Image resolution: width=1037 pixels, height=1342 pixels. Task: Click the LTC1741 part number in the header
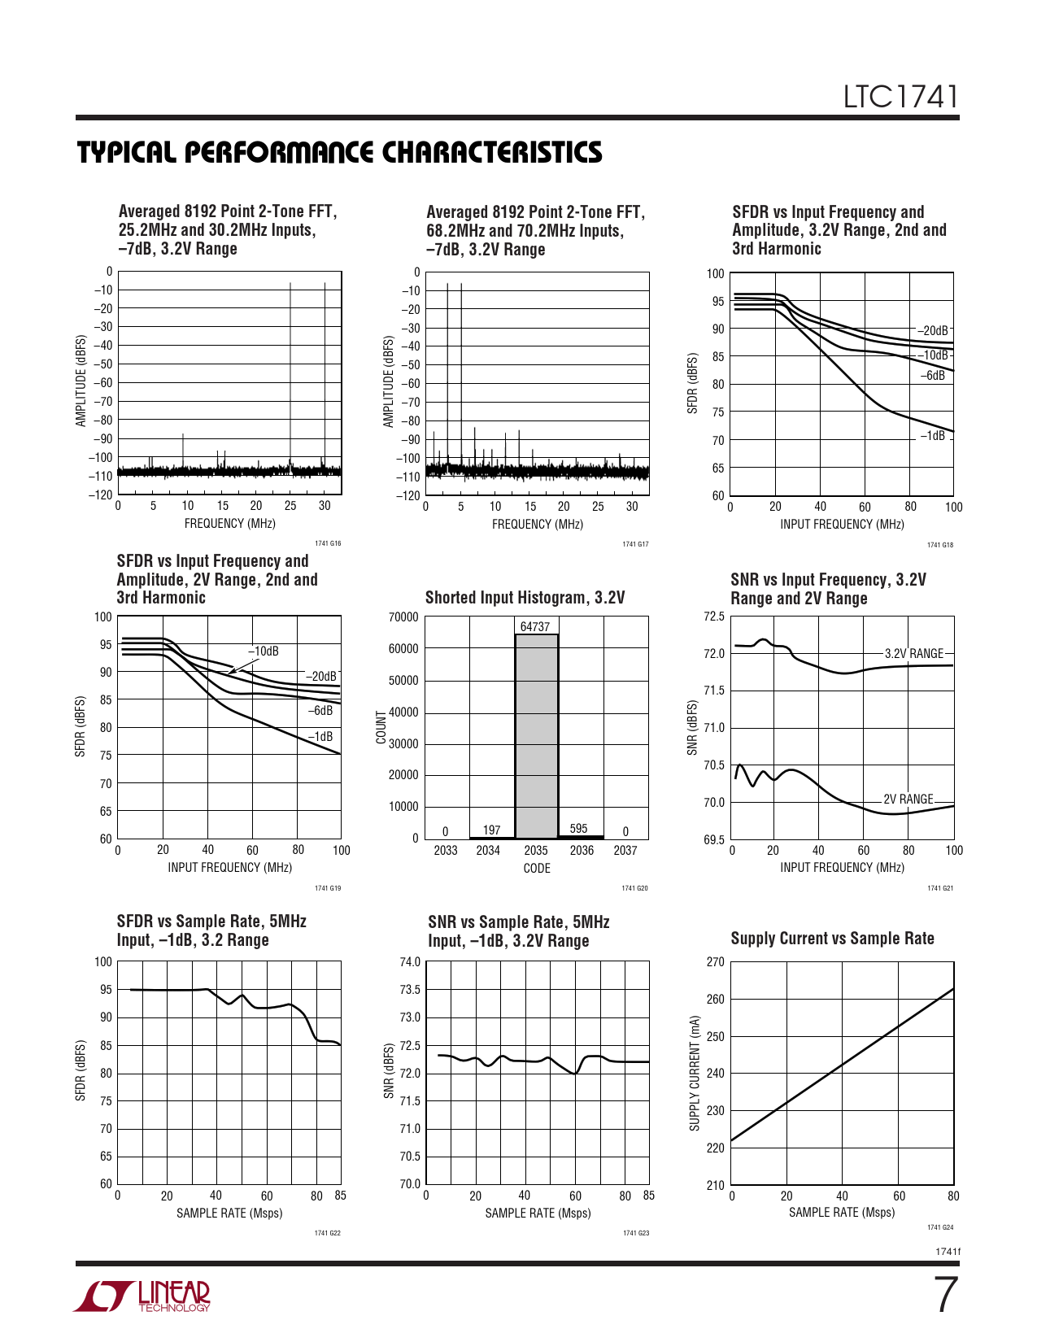coord(900,97)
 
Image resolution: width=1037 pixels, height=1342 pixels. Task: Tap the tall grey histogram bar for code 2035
coord(536,736)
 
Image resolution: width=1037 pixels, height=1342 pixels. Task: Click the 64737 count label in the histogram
coord(535,627)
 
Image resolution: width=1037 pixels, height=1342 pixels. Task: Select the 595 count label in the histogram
coord(578,829)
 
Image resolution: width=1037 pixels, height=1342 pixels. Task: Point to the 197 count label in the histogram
coord(491,830)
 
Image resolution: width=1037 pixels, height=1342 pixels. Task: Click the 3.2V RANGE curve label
coord(913,654)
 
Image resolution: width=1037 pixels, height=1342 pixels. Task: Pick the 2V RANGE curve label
coord(908,800)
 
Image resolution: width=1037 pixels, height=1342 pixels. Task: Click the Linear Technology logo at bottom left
coord(143,1296)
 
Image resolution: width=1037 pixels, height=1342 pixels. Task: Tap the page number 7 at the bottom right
coord(944,1296)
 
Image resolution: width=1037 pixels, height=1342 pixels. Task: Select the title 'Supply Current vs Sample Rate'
coord(832,939)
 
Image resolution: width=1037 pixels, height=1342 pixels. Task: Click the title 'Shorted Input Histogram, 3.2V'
coord(525,598)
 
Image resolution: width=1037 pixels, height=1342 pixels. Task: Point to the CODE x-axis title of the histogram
coord(537,869)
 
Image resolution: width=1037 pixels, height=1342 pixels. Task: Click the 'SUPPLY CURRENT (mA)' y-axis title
coord(695,1073)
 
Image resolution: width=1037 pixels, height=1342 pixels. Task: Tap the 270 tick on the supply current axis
coord(715,962)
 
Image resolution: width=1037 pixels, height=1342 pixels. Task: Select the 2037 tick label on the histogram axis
coord(625,851)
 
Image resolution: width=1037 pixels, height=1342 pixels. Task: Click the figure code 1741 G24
coord(940,1227)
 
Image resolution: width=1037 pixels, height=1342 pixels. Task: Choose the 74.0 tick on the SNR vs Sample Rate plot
coord(410,962)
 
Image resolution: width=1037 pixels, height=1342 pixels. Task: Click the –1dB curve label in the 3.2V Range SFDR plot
coord(932,436)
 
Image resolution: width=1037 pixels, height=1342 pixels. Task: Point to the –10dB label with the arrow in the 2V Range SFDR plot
coord(264,651)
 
